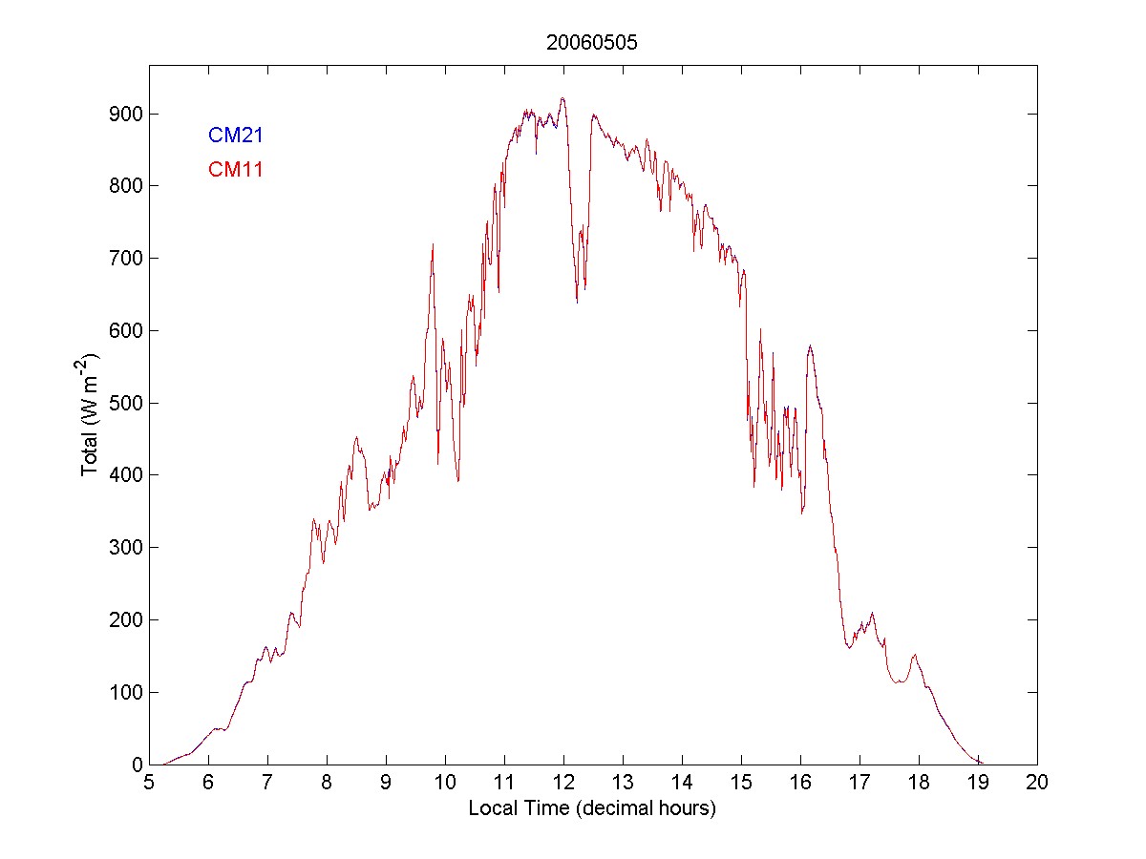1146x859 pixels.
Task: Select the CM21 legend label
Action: pos(236,136)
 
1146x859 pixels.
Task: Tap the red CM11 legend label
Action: pos(236,170)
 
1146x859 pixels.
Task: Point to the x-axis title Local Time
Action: pos(592,808)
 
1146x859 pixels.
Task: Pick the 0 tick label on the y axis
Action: pos(135,765)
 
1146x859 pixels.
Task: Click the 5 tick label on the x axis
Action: pos(149,783)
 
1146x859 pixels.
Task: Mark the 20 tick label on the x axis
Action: pos(1037,783)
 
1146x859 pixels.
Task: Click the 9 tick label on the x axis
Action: pos(386,783)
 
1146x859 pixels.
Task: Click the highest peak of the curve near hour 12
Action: pos(562,98)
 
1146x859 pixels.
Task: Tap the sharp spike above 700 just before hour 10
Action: pos(433,244)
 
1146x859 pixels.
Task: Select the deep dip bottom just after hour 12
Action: pos(577,302)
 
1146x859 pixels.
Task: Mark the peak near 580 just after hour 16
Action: pos(810,346)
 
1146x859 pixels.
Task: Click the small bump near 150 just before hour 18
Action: pos(915,655)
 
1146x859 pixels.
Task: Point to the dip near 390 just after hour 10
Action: pos(458,481)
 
